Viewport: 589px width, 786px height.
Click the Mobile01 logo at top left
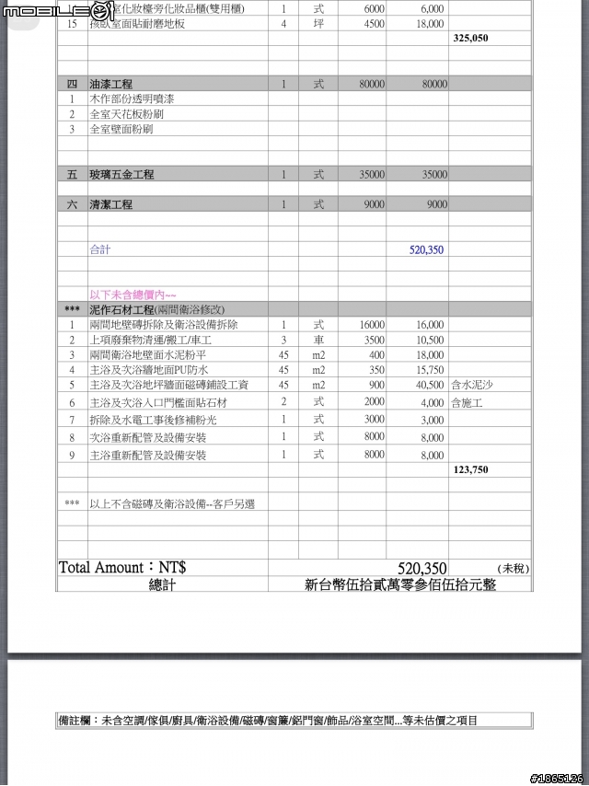pyautogui.click(x=57, y=11)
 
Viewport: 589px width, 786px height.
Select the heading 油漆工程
pyautogui.click(x=110, y=84)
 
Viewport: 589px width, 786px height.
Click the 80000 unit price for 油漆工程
pyautogui.click(x=372, y=84)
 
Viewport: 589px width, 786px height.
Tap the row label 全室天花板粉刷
pyautogui.click(x=127, y=114)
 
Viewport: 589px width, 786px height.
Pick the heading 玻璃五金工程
pyautogui.click(x=121, y=174)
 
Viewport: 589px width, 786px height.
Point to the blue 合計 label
pyautogui.click(x=100, y=249)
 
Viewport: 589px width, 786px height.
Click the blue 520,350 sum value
pyautogui.click(x=426, y=249)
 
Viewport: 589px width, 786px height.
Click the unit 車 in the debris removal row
pyautogui.click(x=318, y=340)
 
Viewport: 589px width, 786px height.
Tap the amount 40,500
pyautogui.click(x=430, y=385)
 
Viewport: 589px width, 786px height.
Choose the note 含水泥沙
pyautogui.click(x=471, y=385)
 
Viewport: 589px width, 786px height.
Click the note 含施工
pyautogui.click(x=467, y=402)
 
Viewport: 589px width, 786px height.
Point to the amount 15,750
pyautogui.click(x=430, y=370)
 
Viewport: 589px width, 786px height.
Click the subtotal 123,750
pyautogui.click(x=470, y=469)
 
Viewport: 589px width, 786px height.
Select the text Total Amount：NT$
pyautogui.click(x=122, y=568)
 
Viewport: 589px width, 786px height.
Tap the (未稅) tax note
pyautogui.click(x=514, y=569)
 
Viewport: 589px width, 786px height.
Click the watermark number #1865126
pyautogui.click(x=557, y=778)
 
